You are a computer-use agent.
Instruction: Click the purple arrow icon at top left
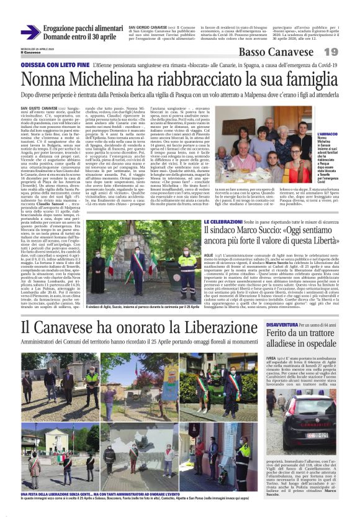coord(30,32)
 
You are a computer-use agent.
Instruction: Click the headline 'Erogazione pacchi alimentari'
coord(87,29)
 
